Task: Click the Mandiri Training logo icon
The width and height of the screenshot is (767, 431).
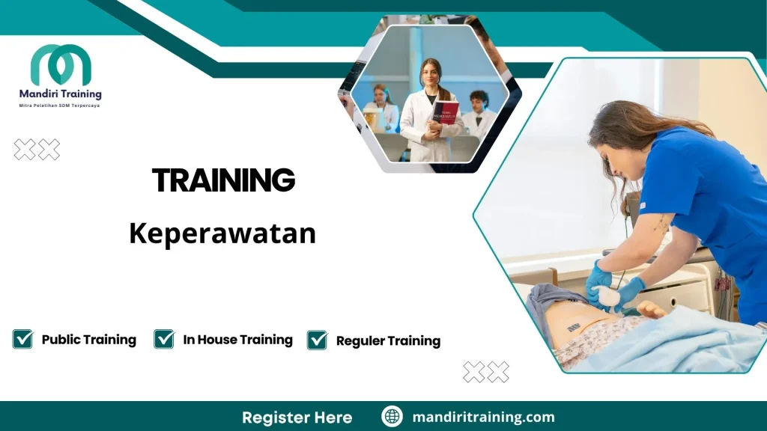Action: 60,65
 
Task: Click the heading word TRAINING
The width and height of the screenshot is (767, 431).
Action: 223,180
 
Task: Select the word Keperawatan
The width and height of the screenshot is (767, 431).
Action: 222,233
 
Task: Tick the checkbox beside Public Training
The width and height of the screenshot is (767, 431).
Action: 22,339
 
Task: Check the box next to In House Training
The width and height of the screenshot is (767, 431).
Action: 164,339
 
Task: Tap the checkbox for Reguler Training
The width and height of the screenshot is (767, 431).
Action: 318,340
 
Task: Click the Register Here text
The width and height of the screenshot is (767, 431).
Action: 297,417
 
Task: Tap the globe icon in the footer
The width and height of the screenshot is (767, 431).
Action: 392,417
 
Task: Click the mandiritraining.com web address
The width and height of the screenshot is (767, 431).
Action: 483,417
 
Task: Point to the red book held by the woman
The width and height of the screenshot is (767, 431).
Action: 445,112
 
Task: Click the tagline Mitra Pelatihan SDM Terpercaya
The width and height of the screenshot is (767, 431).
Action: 60,106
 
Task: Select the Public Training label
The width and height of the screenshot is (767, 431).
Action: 89,340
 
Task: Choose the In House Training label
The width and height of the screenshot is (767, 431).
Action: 237,340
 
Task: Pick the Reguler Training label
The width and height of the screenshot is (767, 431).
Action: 388,341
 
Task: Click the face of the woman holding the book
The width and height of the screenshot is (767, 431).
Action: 429,75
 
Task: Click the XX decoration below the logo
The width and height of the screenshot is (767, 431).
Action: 37,150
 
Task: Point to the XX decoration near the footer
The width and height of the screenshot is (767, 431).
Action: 486,372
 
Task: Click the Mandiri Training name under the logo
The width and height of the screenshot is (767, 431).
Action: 60,94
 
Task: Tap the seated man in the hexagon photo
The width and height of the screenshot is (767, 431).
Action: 479,112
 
